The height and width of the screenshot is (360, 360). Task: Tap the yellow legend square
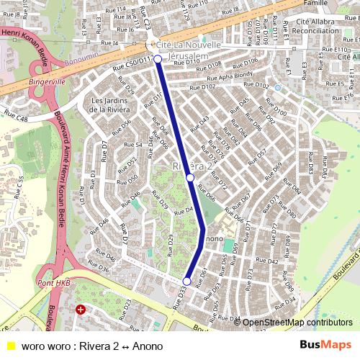pyautogui.click(x=10, y=346)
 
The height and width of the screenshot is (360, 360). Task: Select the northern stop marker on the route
pyautogui.click(x=158, y=59)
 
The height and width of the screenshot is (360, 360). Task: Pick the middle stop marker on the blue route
pyautogui.click(x=190, y=176)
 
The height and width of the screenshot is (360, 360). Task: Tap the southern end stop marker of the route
pyautogui.click(x=187, y=282)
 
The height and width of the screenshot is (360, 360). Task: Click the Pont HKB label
pyautogui.click(x=53, y=284)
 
